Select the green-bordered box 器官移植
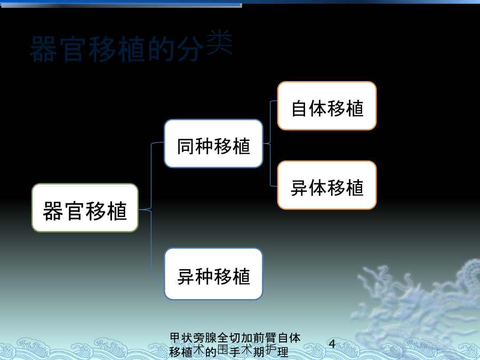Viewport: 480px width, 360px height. coord(85,208)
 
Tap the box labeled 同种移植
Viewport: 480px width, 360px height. coord(213,143)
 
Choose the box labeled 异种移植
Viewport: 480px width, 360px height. coord(213,274)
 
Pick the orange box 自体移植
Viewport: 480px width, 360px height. coord(327,106)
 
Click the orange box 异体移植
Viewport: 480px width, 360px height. coord(327,185)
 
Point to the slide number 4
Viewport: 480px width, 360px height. coord(332,344)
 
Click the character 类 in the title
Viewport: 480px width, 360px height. coord(220,42)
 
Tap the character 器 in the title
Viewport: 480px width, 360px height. coord(44,49)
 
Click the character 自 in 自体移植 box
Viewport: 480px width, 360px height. coord(299,108)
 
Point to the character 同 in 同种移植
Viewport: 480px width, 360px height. coord(185,146)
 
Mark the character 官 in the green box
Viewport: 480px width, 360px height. coord(75,211)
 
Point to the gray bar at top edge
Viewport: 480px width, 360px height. coord(122,5)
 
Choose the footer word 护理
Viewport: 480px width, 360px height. coord(277,351)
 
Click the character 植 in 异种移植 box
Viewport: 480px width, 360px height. coord(242,276)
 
